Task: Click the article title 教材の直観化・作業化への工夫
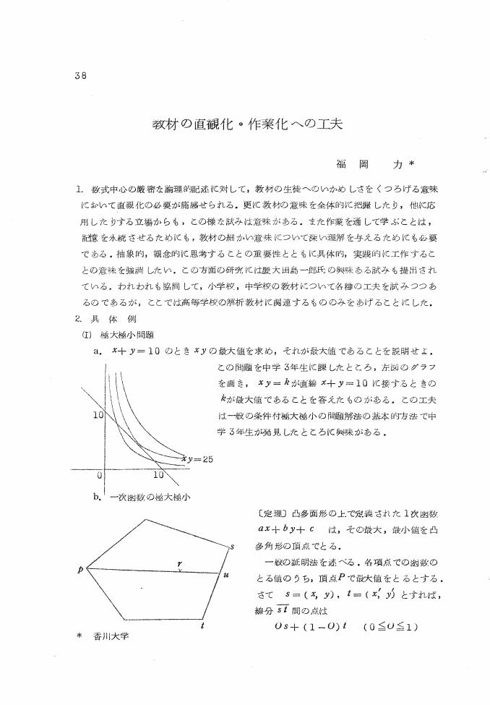pyautogui.click(x=247, y=122)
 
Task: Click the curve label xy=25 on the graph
pyautogui.click(x=197, y=458)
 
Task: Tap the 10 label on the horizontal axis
pyautogui.click(x=160, y=476)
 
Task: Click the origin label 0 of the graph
pyautogui.click(x=99, y=476)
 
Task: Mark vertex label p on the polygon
pyautogui.click(x=81, y=569)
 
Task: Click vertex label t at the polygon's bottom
pyautogui.click(x=202, y=625)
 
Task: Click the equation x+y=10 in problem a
pyautogui.click(x=132, y=351)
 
